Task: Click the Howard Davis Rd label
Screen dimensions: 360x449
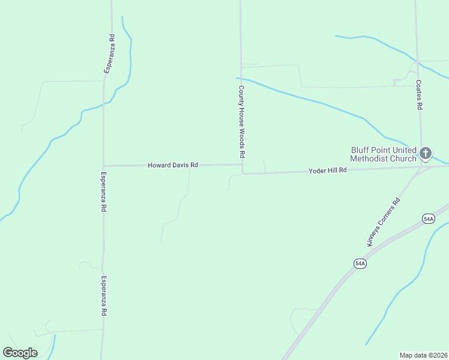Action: (173, 164)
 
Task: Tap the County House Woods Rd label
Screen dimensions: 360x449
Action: (241, 122)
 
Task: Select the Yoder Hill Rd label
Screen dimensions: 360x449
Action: (328, 170)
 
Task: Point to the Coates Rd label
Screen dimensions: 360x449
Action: (420, 95)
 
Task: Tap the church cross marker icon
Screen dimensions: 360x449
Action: (426, 154)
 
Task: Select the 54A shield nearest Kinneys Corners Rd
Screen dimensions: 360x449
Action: (427, 219)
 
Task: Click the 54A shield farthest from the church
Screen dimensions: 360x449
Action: (360, 263)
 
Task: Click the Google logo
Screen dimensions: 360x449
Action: (20, 353)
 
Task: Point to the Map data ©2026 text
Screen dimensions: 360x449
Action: (423, 355)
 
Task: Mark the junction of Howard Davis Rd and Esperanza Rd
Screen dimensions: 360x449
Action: (103, 166)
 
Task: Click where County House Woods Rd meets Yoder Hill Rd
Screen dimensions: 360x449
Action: (243, 174)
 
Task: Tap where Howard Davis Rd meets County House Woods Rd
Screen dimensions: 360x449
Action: (242, 164)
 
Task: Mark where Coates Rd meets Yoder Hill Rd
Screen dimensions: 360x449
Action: (421, 167)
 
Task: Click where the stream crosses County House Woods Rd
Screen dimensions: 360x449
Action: (241, 79)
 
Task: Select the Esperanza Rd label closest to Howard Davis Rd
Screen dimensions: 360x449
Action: (104, 192)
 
